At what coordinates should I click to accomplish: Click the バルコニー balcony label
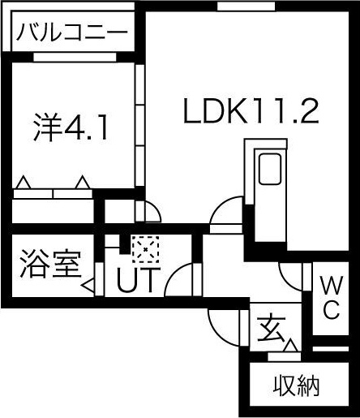(x=72, y=32)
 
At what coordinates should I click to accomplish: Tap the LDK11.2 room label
(x=251, y=111)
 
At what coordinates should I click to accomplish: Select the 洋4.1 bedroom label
(x=71, y=127)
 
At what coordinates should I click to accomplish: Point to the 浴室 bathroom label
(x=51, y=264)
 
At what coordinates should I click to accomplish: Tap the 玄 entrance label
(x=271, y=329)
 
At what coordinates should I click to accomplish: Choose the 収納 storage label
(x=296, y=386)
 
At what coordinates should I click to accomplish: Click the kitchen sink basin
(x=270, y=169)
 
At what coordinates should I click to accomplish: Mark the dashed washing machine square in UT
(x=145, y=249)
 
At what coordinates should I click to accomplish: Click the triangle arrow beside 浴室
(x=88, y=285)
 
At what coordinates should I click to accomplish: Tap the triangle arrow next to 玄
(x=291, y=346)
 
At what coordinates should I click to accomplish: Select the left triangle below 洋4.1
(x=24, y=183)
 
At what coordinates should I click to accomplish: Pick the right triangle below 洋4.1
(x=83, y=183)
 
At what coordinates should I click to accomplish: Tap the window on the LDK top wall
(x=246, y=6)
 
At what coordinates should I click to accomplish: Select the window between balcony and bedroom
(x=75, y=57)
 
